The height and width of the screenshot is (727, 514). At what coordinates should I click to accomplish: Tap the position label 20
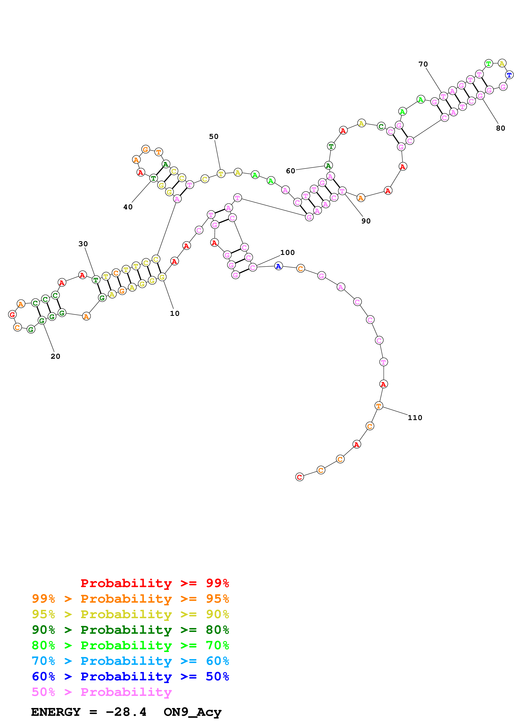[55, 356]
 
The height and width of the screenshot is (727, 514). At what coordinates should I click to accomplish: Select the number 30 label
[83, 244]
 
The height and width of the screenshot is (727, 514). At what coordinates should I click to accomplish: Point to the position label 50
[214, 137]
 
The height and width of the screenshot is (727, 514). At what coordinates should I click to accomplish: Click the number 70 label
[423, 64]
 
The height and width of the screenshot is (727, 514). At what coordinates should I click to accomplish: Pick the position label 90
[366, 221]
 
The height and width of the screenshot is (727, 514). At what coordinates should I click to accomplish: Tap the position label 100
[288, 252]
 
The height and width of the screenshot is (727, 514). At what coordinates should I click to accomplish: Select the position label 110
[415, 418]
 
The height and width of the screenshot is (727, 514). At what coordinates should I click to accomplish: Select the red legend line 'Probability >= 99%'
[155, 583]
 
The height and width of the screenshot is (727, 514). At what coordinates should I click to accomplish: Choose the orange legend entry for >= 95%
[130, 599]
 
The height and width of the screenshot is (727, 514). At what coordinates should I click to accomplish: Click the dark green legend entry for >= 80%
[130, 630]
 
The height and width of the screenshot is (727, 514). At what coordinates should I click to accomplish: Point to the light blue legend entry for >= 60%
[130, 661]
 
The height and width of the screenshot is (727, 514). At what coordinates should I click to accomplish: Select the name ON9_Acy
[193, 712]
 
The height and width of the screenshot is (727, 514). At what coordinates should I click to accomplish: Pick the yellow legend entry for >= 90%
[130, 614]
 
